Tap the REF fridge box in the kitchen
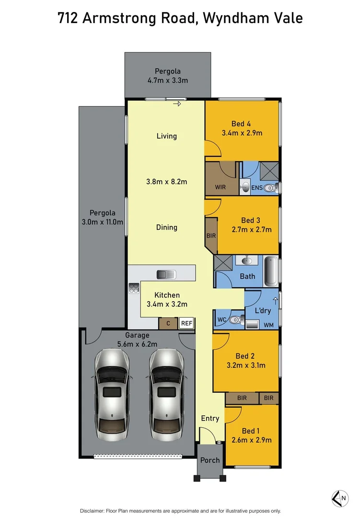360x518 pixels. pos(186,324)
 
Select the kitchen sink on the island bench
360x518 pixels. pos(166,274)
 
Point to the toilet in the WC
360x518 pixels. pos(234,320)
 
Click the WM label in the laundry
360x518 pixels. pos(269,325)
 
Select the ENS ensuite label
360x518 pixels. pos(256,188)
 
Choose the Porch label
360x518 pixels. pos(210,460)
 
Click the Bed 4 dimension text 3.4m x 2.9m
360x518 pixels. pos(242,133)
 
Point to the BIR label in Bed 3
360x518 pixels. pos(211,235)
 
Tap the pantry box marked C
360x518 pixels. pos(168,324)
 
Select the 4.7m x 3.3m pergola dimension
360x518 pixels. pos(167,80)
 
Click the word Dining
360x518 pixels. pos(167,227)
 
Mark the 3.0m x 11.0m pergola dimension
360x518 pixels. pos(103,222)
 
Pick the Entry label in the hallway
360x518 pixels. pos(210,418)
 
